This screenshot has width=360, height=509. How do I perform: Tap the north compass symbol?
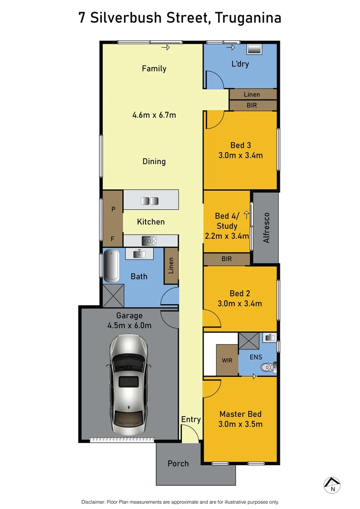[333, 484]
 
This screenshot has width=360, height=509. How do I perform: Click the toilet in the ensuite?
[269, 366]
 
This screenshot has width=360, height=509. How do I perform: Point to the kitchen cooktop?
[149, 241]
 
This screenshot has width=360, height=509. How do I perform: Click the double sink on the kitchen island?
[151, 201]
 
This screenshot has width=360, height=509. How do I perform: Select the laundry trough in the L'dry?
[255, 49]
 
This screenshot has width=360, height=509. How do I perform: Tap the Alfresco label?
[266, 228]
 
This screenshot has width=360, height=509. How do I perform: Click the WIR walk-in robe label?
[227, 361]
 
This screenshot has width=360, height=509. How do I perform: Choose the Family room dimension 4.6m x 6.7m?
[154, 115]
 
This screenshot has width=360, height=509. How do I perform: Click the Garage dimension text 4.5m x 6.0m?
[129, 325]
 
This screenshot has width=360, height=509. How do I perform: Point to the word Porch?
[178, 464]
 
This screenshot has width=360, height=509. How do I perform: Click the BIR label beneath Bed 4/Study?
[227, 259]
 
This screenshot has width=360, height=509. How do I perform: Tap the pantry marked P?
[113, 209]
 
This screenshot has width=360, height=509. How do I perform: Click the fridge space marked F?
[113, 238]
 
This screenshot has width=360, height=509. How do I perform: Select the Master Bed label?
[240, 414]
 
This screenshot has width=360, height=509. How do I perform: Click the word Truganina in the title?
[248, 18]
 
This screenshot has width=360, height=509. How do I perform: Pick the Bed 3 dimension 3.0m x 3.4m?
[240, 155]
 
